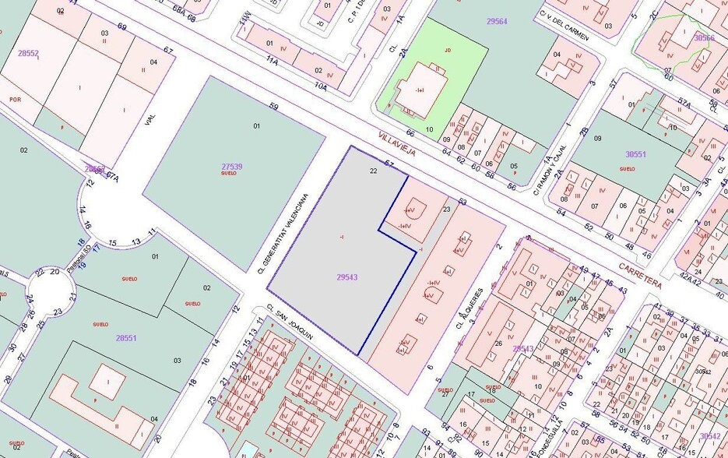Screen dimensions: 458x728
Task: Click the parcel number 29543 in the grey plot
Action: coord(347,277)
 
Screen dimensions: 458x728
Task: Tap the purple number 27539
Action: coord(231,166)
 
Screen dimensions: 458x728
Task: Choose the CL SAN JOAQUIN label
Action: coord(289,322)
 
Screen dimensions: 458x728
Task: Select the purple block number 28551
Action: coord(125,338)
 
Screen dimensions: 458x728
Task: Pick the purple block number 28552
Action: coord(28,53)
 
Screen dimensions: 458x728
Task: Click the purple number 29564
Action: coord(496,21)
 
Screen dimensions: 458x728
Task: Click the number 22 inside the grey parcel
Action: coord(374,170)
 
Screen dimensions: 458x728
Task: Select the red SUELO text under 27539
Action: coord(229,173)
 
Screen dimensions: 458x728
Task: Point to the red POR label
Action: coord(14,99)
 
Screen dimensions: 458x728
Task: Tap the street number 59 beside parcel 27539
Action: coord(273,107)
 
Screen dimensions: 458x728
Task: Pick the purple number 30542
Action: coord(709,436)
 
